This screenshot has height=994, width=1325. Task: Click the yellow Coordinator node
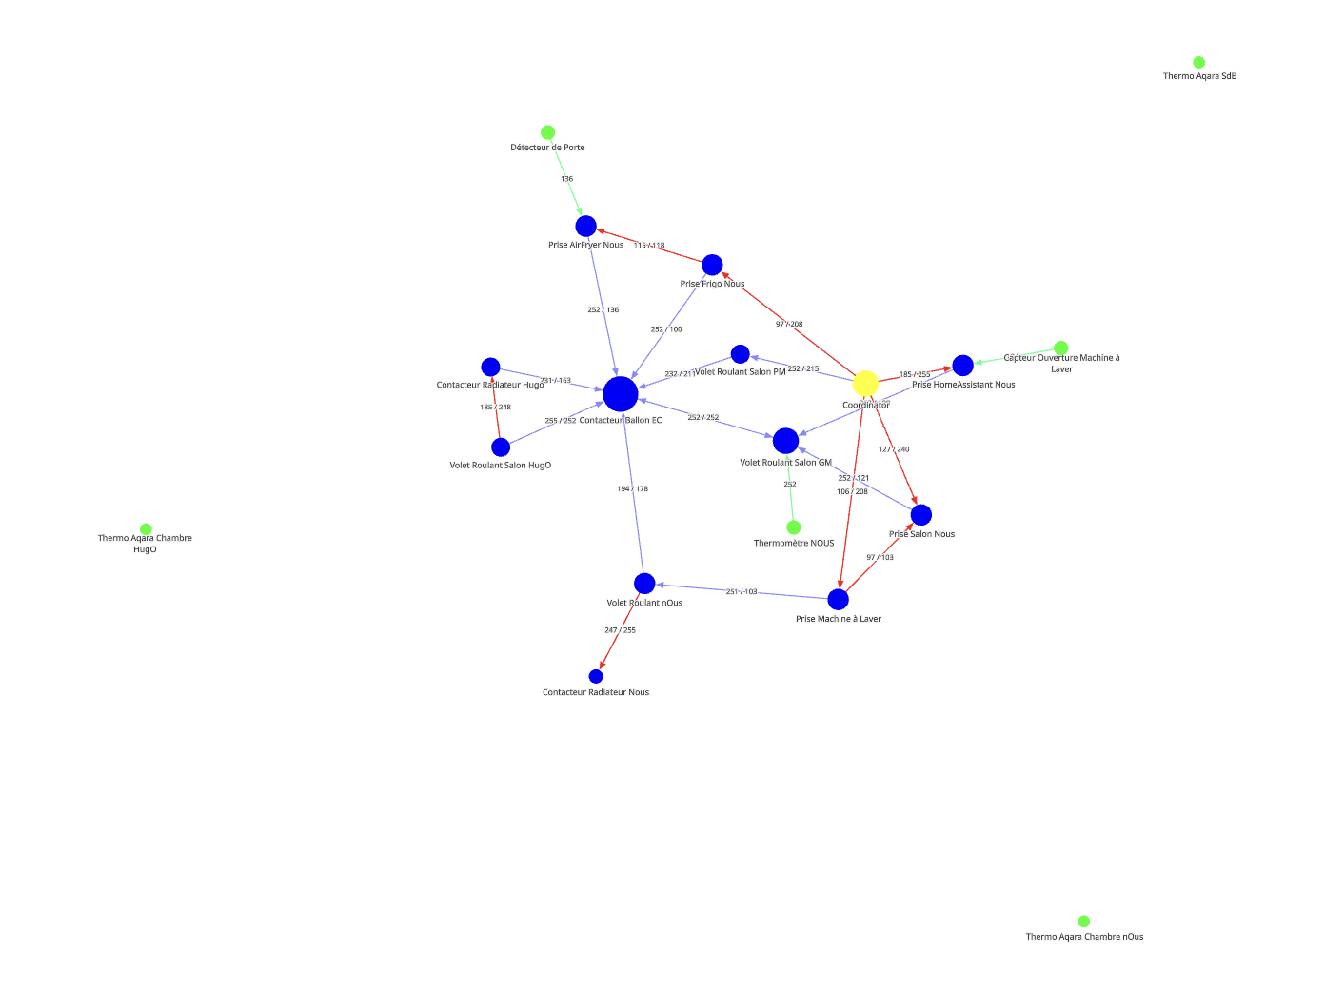pos(865,384)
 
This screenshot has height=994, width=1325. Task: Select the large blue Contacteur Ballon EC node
pos(620,393)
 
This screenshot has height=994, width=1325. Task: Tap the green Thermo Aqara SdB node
pos(1198,63)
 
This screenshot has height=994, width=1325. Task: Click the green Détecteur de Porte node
pos(547,132)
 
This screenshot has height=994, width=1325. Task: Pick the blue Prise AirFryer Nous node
pos(585,227)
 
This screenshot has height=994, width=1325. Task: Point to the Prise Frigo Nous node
pos(712,265)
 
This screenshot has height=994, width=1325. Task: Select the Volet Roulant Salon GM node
pos(785,441)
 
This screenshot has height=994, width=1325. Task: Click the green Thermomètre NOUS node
pos(794,527)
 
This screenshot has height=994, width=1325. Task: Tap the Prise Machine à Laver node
pos(838,600)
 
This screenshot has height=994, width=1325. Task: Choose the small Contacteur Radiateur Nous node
pos(596,677)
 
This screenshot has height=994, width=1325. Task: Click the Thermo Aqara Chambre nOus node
pos(1083,922)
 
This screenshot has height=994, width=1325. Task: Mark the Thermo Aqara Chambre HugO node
pos(146,529)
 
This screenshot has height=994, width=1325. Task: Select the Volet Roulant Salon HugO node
pos(501,447)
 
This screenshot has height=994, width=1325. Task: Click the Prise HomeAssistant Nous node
pos(962,366)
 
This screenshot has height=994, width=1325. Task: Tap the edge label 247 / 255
pos(620,630)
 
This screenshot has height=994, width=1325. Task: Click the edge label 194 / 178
pos(632,489)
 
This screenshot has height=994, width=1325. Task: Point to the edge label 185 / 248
pos(495,408)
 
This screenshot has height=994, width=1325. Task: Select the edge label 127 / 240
pos(894,449)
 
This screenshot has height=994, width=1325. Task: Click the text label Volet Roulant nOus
pos(644,603)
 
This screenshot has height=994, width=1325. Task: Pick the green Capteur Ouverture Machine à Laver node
pos(1060,348)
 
